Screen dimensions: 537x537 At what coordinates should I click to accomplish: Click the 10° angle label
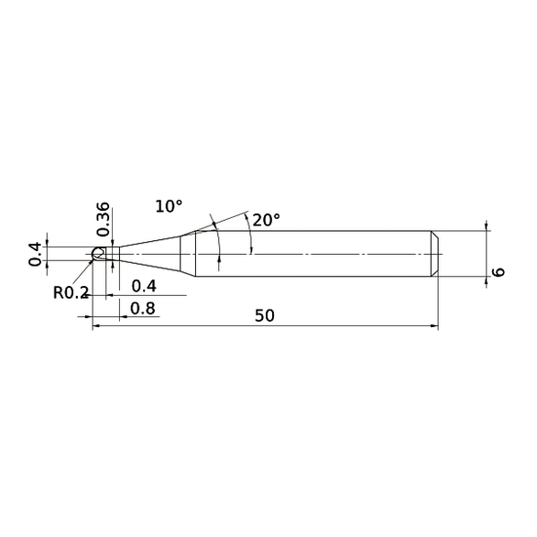click(169, 206)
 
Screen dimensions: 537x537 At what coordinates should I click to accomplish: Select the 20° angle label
click(266, 220)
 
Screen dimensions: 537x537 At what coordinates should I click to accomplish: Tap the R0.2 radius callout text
click(70, 293)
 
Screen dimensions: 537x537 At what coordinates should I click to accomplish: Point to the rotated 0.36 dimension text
click(103, 218)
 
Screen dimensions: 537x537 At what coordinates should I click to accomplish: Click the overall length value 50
click(265, 315)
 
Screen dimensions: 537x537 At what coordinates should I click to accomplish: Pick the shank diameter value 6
click(499, 272)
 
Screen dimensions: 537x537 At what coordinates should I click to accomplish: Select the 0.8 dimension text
click(142, 309)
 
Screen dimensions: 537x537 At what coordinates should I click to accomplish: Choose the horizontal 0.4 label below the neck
click(144, 286)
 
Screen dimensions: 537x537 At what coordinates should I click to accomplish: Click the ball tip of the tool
click(97, 252)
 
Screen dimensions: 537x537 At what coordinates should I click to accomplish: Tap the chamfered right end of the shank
click(436, 252)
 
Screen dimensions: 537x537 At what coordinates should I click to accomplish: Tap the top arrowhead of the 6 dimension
click(486, 234)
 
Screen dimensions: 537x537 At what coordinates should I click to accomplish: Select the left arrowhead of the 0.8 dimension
click(95, 317)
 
